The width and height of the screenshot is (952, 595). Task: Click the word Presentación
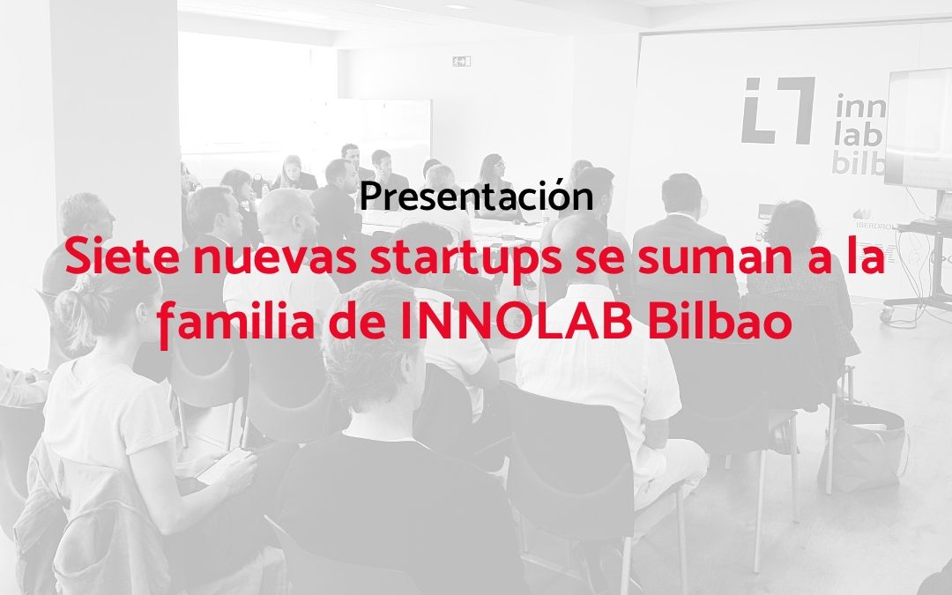[x=476, y=196]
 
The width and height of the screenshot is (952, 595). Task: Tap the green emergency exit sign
[x=461, y=61]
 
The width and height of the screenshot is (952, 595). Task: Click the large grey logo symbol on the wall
[x=777, y=110]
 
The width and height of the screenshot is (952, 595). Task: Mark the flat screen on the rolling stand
[x=918, y=130]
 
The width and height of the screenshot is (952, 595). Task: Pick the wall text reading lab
[x=858, y=138]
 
